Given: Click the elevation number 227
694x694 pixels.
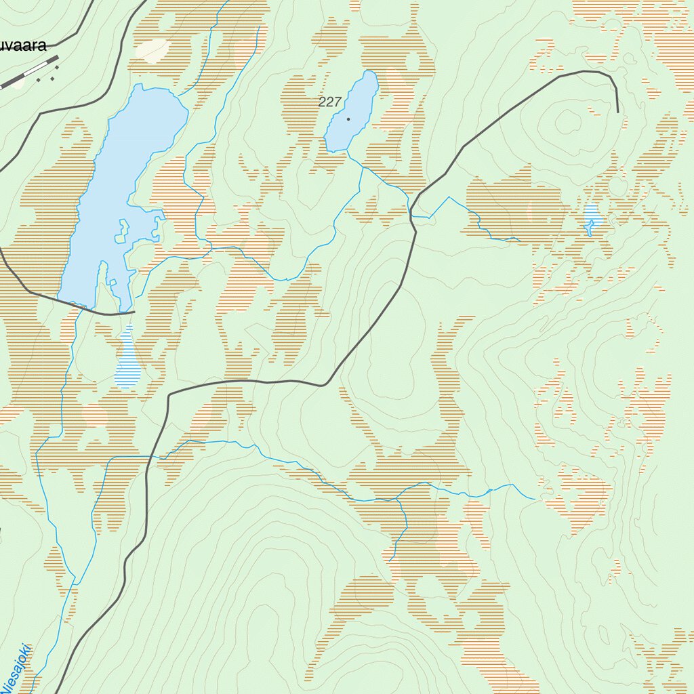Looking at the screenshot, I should click(329, 102).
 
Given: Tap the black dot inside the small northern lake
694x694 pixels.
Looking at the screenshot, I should click(348, 119).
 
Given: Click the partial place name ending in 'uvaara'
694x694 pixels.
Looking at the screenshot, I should click(23, 46).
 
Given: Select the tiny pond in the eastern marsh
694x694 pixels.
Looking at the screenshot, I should click(592, 217).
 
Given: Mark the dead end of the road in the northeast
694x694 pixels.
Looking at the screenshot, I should click(618, 111).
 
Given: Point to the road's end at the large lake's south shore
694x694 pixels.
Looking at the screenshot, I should click(135, 312).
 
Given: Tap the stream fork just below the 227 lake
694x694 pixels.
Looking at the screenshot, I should click(363, 167).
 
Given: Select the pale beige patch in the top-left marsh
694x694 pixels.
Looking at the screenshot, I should click(152, 49).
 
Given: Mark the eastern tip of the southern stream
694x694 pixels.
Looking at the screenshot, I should click(535, 499).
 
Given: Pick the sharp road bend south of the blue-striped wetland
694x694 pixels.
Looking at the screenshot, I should click(169, 394).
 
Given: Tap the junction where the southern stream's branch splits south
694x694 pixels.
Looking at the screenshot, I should click(396, 499).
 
